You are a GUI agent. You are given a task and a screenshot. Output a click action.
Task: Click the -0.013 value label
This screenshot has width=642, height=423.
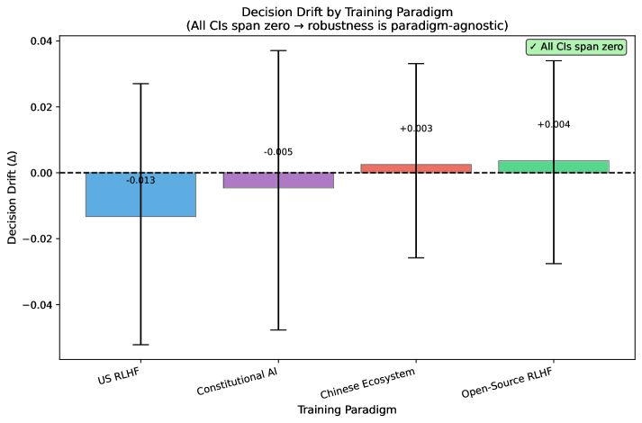click(x=140, y=181)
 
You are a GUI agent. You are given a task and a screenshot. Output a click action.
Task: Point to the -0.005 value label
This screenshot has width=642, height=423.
click(x=278, y=153)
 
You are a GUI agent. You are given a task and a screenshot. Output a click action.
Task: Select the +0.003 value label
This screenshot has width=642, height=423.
click(x=416, y=129)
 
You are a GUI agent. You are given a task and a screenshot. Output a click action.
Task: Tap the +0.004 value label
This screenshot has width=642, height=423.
click(x=554, y=125)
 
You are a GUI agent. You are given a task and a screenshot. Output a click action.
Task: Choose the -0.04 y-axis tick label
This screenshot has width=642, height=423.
click(x=37, y=304)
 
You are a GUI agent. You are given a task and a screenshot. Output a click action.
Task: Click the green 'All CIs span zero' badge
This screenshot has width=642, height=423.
click(x=576, y=47)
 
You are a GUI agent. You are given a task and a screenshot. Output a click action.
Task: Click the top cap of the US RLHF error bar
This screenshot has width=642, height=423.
click(x=140, y=84)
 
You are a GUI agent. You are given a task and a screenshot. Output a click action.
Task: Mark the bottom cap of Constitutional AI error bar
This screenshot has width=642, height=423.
click(x=278, y=330)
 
